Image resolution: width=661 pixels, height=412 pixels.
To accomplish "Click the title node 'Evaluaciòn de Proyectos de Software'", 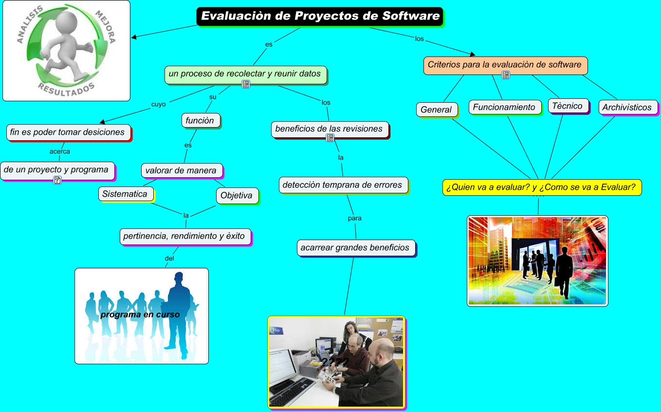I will [320, 16].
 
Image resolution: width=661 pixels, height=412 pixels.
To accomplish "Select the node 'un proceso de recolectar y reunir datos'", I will [245, 74].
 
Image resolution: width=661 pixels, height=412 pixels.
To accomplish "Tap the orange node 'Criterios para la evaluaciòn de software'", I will [505, 65].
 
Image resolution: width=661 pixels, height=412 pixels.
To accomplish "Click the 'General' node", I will [437, 110].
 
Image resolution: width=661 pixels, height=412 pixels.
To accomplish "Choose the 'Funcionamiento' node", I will [504, 107].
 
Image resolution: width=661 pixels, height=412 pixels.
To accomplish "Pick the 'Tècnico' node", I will [568, 106].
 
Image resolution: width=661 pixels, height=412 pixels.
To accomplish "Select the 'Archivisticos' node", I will [627, 107].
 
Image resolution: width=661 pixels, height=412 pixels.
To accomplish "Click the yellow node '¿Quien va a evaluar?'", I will [541, 187].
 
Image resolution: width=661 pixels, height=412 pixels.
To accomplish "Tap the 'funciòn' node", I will [200, 120].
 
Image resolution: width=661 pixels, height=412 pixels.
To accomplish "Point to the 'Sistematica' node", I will [125, 194].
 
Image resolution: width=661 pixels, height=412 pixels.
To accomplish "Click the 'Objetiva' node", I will [237, 196].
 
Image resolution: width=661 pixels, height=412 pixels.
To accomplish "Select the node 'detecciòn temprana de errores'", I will [343, 185].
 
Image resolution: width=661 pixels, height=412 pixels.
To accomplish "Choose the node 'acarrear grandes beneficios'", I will [355, 247].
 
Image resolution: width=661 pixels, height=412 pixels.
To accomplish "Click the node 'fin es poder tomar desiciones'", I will [68, 132].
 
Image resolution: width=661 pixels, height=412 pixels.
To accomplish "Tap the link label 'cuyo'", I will [159, 104].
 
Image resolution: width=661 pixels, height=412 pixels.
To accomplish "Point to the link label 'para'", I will [355, 218].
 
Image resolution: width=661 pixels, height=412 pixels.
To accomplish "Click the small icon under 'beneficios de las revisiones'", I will [330, 138].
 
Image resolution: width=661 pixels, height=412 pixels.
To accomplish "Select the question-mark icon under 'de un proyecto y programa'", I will [57, 181].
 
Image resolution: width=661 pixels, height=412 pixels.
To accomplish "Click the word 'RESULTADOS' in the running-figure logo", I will [66, 88].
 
